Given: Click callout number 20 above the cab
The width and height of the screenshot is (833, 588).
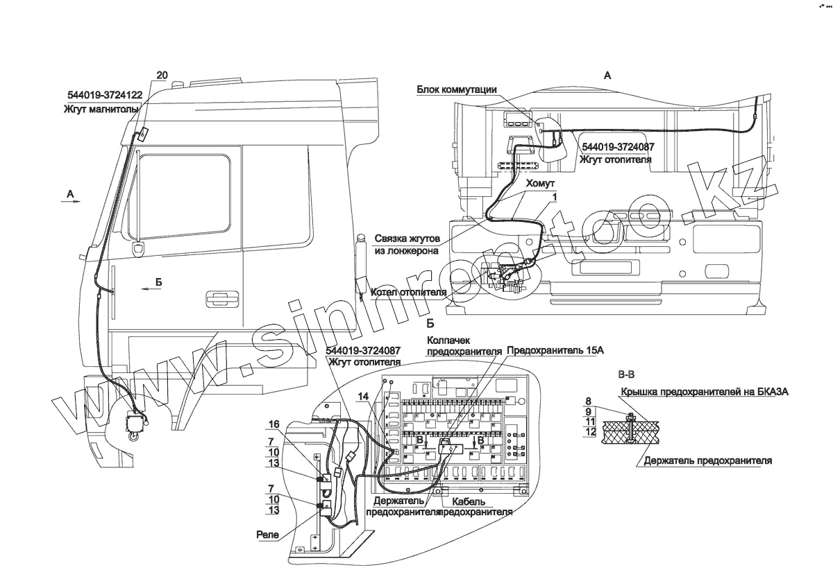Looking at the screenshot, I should coord(162,74).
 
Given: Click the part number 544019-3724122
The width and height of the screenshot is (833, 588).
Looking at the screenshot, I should coord(105,96).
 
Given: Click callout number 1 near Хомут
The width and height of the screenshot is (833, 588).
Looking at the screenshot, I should coord(555,198).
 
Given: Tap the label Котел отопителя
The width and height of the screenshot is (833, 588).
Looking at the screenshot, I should coord(408,292).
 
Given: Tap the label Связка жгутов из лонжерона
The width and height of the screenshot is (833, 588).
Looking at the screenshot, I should coord(407,243).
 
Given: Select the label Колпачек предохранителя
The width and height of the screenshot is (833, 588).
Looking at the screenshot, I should coord(463,345).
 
